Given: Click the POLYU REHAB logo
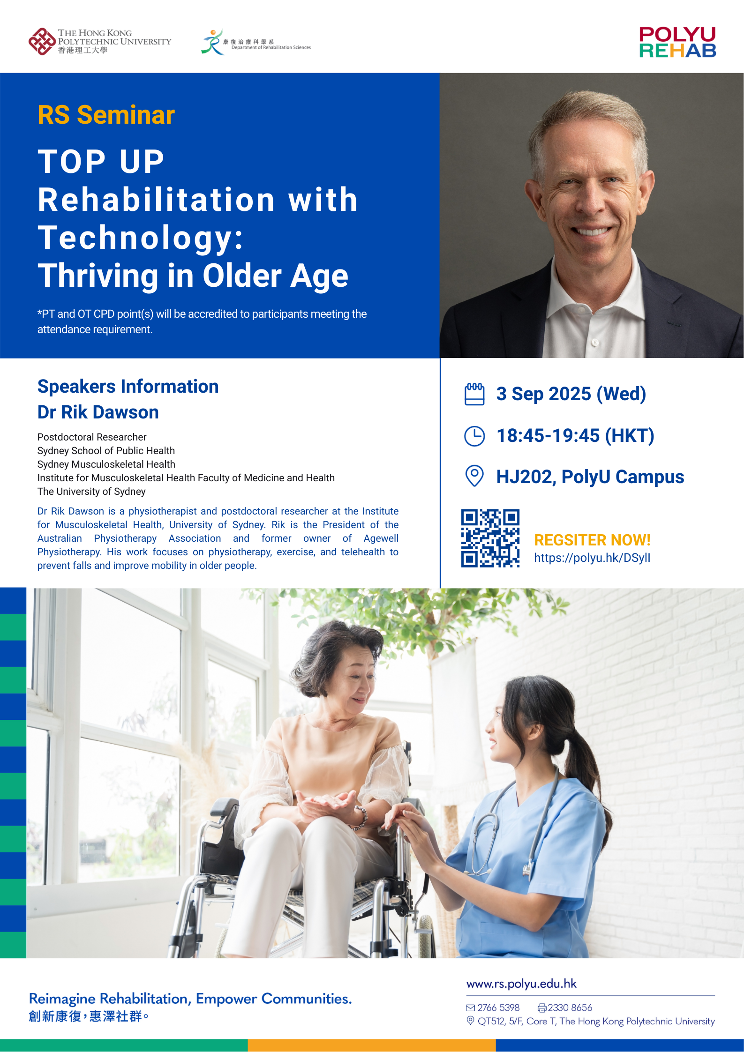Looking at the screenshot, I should [x=677, y=42].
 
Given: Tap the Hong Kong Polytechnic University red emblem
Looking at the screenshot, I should [x=42, y=42].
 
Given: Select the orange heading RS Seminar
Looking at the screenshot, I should [x=106, y=115].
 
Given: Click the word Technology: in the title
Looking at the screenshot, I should [x=141, y=238].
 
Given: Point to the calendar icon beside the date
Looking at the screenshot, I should [x=474, y=394].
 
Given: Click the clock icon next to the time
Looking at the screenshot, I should [x=474, y=436].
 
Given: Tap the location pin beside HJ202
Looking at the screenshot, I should [x=474, y=476].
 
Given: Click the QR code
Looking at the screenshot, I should [x=490, y=538].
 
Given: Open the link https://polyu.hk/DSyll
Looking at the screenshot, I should [x=592, y=558].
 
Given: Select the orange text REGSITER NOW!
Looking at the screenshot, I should [x=592, y=540].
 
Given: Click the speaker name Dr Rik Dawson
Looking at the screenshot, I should [x=98, y=412].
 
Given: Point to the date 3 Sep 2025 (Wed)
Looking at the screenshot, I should [x=571, y=394].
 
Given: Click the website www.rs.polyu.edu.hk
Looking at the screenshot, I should [x=521, y=984].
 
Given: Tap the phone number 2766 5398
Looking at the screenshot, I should [x=498, y=1007].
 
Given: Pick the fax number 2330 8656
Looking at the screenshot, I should [x=570, y=1007].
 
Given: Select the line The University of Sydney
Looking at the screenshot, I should [x=91, y=492].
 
